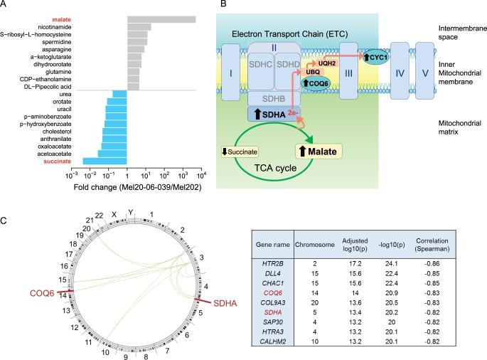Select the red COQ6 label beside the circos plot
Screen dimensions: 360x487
click(43, 295)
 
